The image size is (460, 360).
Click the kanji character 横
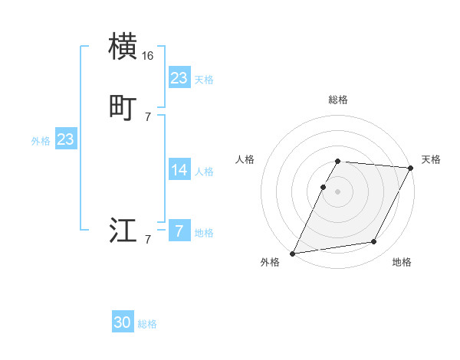pos(123,47)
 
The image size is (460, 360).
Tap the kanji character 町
pos(123,108)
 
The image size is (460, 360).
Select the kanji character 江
pos(123,231)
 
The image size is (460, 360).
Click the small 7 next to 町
pos(148,117)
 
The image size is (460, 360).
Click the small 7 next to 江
pos(148,240)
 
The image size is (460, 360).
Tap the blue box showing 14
pos(179,170)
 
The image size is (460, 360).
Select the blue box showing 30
pos(123,322)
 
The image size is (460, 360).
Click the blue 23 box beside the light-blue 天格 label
pos(179,78)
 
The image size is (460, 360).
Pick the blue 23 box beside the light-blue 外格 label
pos(66,139)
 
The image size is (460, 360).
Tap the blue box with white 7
pos(179,231)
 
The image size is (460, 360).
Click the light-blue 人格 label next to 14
pos(204,172)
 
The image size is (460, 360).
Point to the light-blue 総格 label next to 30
pos(147,324)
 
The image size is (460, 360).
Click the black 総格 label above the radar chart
pos(338,100)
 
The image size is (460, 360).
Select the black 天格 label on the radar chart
pos(431,159)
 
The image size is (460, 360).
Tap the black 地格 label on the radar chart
pos(402,263)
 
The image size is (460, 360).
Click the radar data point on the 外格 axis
pos(293,254)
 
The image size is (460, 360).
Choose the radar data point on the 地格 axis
pos(374,242)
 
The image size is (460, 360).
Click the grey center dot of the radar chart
pos(338,191)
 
